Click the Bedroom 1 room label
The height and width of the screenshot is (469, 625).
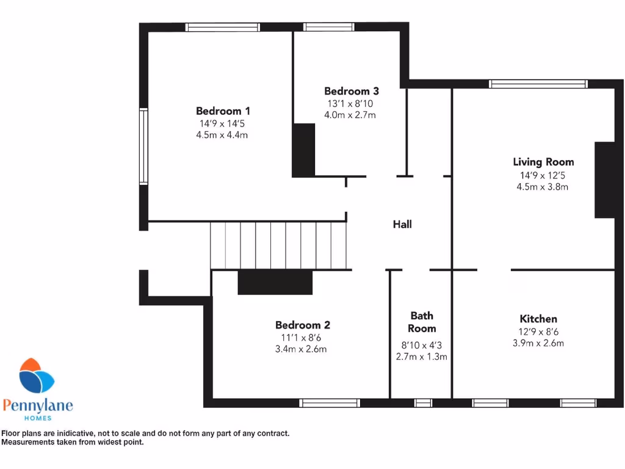point(223,111)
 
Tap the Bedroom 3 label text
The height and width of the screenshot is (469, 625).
point(352,91)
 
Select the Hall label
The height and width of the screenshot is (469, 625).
point(402,224)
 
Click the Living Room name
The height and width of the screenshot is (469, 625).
point(543,162)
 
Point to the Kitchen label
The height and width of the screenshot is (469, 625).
point(538,319)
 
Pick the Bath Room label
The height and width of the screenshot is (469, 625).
point(422,322)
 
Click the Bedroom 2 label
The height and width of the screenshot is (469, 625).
point(303,325)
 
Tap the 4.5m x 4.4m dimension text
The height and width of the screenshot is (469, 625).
point(223,135)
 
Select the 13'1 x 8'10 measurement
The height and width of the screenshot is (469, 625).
point(351,103)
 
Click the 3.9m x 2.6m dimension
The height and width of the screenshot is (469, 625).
point(538,343)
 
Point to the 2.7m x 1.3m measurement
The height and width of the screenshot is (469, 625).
point(422,356)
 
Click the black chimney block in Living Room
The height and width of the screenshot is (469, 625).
point(605,180)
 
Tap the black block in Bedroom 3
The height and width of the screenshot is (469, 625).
point(304,150)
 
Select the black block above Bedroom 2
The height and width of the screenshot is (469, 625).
point(275,282)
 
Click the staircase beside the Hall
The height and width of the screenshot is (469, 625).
point(279,245)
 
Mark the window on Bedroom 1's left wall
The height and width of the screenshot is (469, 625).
point(143,146)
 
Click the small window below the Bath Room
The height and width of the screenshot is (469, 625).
point(423,402)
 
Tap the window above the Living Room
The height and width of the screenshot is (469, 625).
point(538,84)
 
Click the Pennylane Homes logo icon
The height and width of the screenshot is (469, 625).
point(37,377)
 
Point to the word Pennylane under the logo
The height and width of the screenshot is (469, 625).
point(38,405)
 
